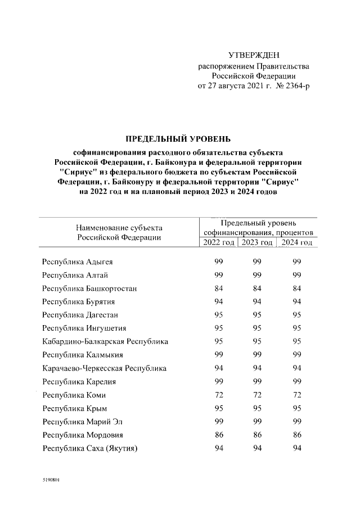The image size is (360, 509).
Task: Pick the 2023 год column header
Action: [x=257, y=242]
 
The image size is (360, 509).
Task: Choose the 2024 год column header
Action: [x=296, y=242]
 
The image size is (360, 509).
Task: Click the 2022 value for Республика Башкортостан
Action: [x=219, y=289]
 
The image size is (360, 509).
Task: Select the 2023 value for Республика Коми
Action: [x=258, y=395]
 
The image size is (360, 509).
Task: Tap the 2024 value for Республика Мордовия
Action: [x=297, y=435]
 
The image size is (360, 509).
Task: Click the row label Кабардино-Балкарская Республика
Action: [x=105, y=342]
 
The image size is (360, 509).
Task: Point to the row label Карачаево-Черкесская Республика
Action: [x=105, y=368]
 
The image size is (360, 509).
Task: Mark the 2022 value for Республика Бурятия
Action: [x=219, y=302]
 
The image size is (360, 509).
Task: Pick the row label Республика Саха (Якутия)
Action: [x=90, y=449]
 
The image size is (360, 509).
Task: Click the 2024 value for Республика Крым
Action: [x=297, y=409]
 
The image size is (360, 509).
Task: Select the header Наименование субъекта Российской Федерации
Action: [x=119, y=232]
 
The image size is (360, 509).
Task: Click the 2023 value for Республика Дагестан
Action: [x=258, y=315]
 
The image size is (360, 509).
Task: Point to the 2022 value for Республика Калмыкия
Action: [x=219, y=355]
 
